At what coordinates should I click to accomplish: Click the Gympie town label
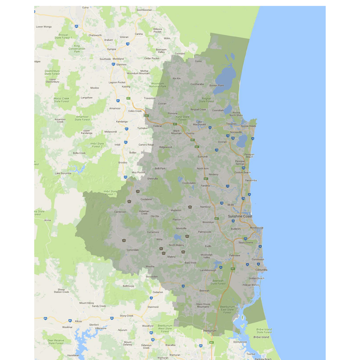tap(111, 49)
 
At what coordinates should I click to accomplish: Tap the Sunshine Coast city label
tap(240, 216)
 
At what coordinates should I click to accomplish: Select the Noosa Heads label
tap(249, 126)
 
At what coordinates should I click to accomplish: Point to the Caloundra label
tap(261, 270)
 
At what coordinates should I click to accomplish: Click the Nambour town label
tap(205, 207)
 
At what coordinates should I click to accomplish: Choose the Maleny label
tap(171, 257)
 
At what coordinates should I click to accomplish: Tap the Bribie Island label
tap(261, 337)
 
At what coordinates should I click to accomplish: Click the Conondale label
tap(133, 250)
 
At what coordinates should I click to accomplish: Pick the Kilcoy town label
tap(78, 321)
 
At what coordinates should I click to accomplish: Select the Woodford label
tap(148, 326)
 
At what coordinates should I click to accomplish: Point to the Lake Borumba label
tap(63, 173)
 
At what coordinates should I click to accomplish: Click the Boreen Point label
tap(217, 85)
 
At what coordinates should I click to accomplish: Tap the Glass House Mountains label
tap(203, 306)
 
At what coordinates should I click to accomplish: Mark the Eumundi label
tap(203, 156)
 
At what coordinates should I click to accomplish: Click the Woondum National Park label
tap(157, 85)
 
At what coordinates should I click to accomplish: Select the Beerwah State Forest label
tap(218, 282)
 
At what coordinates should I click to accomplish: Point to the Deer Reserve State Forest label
tap(56, 342)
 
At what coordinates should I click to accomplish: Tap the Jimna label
tap(47, 220)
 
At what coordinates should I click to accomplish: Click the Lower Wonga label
tap(44, 27)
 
